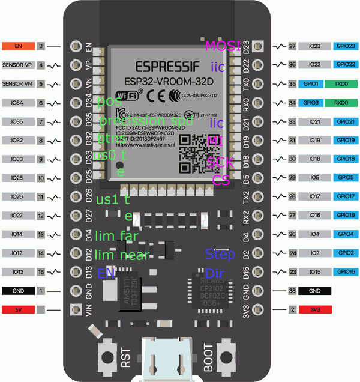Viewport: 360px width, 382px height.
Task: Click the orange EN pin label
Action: [18, 46]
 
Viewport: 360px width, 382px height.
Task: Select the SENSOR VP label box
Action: [18, 65]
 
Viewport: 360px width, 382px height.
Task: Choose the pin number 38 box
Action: [292, 290]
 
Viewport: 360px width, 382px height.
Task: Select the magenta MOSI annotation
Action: [223, 46]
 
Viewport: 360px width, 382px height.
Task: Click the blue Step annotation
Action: [220, 253]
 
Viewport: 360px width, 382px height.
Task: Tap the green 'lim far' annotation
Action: [117, 236]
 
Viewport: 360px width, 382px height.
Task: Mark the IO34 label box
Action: [18, 103]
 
